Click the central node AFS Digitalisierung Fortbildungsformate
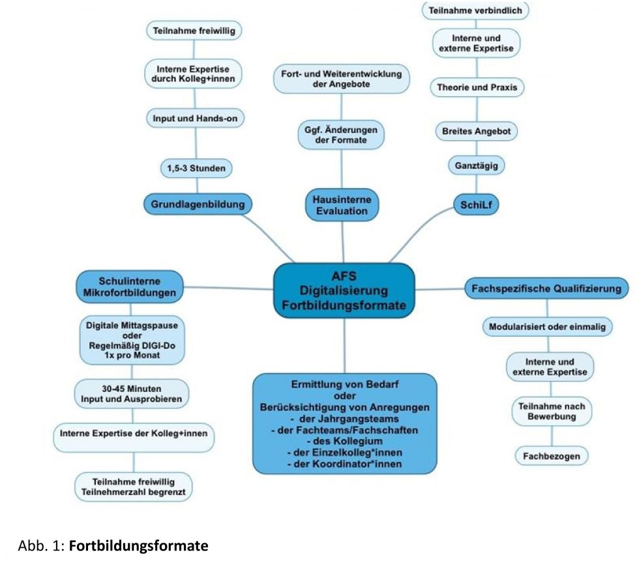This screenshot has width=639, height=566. pos(344,290)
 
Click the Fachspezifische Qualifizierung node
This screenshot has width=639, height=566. pos(546,288)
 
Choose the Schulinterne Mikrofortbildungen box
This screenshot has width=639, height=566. pos(129,287)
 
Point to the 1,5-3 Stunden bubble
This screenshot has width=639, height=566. pos(196,169)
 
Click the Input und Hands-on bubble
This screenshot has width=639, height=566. pos(194,119)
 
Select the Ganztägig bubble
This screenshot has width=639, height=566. pos(477,166)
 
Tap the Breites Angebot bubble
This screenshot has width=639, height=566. pos(477,131)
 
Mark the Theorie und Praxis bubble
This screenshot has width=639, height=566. pos(477,87)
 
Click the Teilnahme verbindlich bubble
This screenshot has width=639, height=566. pos(476,11)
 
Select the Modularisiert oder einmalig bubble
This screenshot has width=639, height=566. pos(547,326)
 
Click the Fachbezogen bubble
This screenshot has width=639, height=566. pos(552,456)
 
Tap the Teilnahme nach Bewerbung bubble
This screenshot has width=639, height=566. pos(552,411)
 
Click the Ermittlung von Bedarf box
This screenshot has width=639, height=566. pos(344,422)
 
